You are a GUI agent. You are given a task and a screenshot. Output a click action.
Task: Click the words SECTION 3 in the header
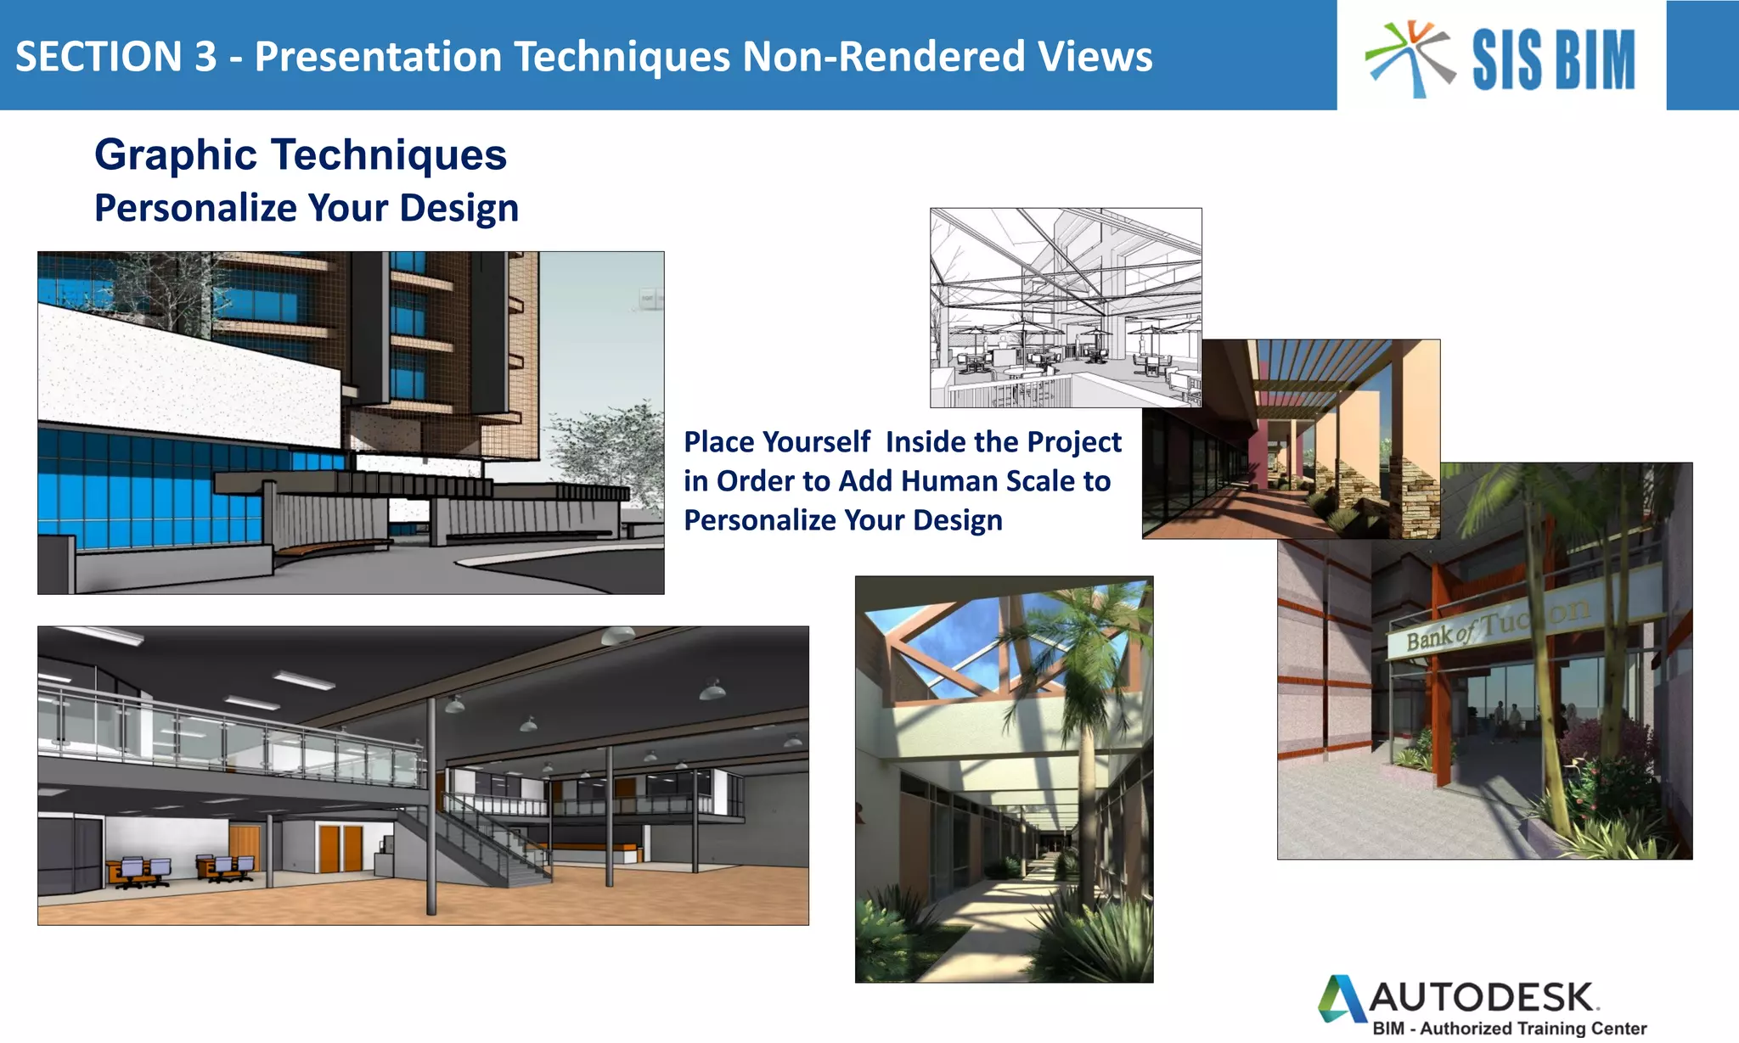click(x=115, y=57)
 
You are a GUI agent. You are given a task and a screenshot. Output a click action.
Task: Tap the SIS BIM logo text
click(x=1553, y=59)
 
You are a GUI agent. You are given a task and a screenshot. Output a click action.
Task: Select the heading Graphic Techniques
click(x=301, y=155)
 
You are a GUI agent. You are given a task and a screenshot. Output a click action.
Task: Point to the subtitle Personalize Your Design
click(x=307, y=208)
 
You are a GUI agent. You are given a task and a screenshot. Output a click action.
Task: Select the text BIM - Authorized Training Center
click(x=1509, y=1029)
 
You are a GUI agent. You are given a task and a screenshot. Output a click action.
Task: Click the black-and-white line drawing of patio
click(x=1065, y=307)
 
